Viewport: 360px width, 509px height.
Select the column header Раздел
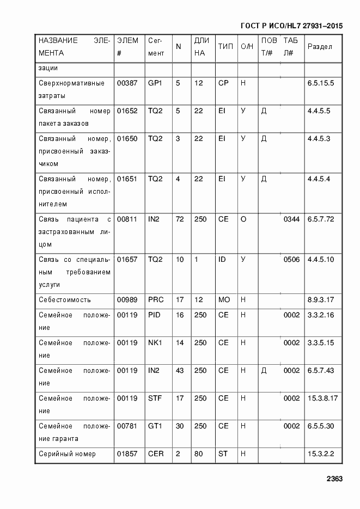pos(320,47)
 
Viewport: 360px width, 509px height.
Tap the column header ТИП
pos(225,47)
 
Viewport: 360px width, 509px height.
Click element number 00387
pos(127,83)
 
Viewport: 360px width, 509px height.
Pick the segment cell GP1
pos(155,83)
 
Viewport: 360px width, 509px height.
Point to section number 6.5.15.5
pos(321,83)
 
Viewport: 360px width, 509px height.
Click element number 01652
pos(127,111)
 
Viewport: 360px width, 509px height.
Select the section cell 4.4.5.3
pos(319,139)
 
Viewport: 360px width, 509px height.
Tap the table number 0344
pos(291,219)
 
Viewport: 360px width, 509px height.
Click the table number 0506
pos(291,260)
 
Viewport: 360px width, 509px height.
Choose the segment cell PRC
pos(156,300)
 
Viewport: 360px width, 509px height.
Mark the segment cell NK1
pos(155,343)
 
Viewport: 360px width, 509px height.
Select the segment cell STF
pos(155,398)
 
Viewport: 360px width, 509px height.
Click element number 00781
pos(127,426)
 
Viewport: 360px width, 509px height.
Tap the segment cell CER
pos(156,454)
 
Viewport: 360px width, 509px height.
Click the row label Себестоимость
pos(65,300)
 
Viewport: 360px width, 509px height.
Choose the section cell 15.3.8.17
pos(322,398)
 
